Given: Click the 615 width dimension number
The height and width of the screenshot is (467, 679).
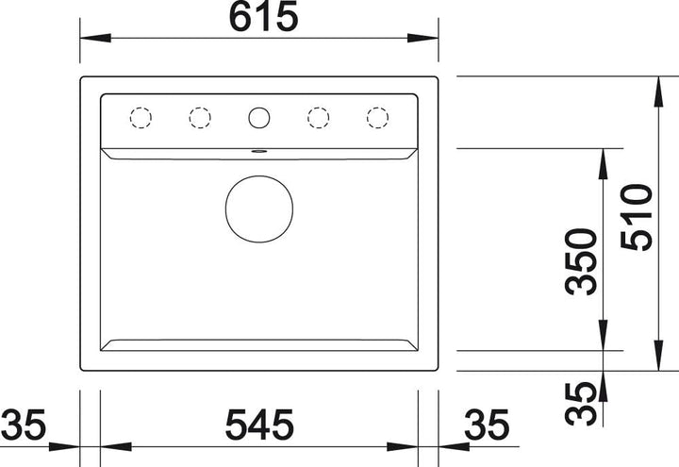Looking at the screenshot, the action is [263, 16].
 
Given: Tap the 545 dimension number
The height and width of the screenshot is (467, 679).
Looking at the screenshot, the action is [259, 425].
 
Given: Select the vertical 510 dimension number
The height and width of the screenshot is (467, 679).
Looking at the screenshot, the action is [637, 218].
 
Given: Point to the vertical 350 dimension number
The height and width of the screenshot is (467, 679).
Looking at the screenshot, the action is [581, 262].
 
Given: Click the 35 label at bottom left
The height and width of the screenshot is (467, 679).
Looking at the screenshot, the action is [23, 425].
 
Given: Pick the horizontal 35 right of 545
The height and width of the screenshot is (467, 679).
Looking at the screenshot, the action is [487, 425].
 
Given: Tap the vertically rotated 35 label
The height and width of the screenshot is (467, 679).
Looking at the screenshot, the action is [581, 404].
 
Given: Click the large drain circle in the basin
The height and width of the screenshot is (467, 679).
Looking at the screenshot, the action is [259, 208].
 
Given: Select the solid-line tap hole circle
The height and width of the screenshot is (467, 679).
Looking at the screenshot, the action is [259, 118].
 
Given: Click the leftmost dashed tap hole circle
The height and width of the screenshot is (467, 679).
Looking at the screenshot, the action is [141, 118].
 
